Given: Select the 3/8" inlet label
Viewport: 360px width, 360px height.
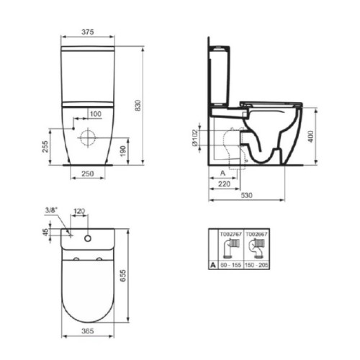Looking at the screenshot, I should tap(51, 211).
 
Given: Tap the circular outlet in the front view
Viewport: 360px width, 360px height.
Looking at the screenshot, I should tap(89, 136).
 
